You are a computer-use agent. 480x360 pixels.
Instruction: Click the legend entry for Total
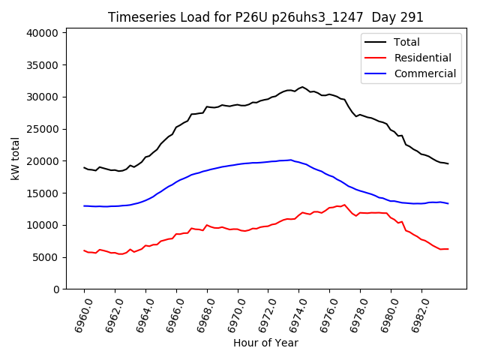[x=407, y=42]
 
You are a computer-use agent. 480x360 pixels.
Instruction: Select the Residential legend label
[x=422, y=58]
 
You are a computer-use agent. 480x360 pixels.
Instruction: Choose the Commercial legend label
[x=424, y=73]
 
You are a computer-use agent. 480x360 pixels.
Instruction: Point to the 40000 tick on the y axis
[x=43, y=33]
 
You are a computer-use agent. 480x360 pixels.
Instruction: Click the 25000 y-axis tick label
[x=43, y=129]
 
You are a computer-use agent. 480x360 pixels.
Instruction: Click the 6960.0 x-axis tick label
[x=80, y=313]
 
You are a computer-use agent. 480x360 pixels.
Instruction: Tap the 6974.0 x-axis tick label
[x=295, y=313]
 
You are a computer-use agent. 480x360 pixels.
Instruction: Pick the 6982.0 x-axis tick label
[x=417, y=313]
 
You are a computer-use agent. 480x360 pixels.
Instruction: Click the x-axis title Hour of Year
[x=265, y=343]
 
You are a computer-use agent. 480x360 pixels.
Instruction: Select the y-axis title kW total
[x=16, y=158]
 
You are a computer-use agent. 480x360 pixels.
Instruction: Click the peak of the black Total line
[x=302, y=87]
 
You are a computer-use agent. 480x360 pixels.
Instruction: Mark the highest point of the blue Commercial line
[x=291, y=160]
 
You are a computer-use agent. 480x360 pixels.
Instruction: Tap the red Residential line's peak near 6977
[x=345, y=205]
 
